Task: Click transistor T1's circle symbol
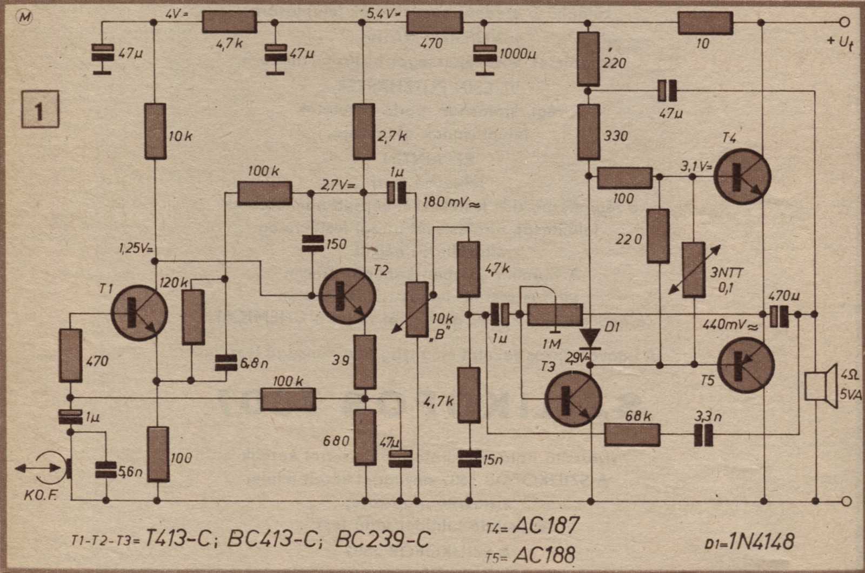[x=139, y=313]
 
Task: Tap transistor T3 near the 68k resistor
[x=573, y=399]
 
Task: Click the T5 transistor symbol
[x=746, y=365]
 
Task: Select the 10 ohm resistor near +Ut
[x=704, y=23]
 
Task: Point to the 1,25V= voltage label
[x=136, y=250]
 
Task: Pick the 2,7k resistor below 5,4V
[x=364, y=132]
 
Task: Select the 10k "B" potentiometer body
[x=417, y=309]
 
